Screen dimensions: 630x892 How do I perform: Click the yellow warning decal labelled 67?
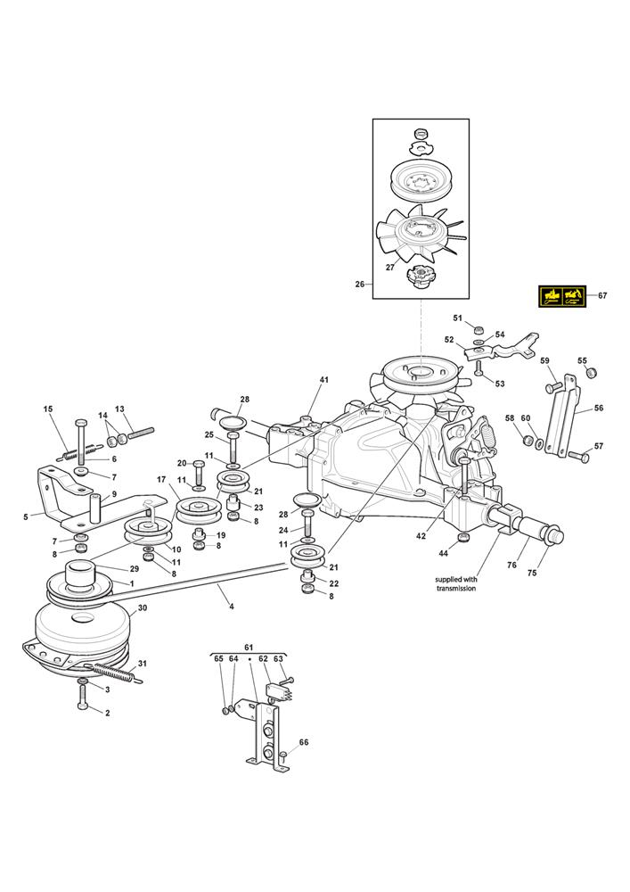pyautogui.click(x=561, y=296)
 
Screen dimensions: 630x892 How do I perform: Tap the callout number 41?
pyautogui.click(x=323, y=379)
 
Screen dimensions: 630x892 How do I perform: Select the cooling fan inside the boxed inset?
pyautogui.click(x=421, y=233)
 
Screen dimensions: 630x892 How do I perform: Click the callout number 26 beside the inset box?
pyautogui.click(x=360, y=284)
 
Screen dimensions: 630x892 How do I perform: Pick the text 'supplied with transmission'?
pyautogui.click(x=455, y=583)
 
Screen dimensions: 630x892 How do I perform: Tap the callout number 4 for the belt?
pyautogui.click(x=231, y=607)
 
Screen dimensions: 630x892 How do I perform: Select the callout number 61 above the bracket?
pyautogui.click(x=249, y=648)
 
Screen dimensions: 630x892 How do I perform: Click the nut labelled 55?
pyautogui.click(x=592, y=373)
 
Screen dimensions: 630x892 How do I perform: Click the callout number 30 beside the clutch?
pyautogui.click(x=142, y=607)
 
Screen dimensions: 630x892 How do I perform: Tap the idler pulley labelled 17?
pyautogui.click(x=196, y=509)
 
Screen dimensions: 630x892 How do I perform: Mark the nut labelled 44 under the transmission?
pyautogui.click(x=464, y=537)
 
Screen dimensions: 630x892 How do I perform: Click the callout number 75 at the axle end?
pyautogui.click(x=532, y=573)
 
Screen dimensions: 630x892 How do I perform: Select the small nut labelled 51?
pyautogui.click(x=479, y=331)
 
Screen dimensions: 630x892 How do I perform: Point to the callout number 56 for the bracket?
pyautogui.click(x=598, y=408)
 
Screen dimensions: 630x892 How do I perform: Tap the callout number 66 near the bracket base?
pyautogui.click(x=303, y=742)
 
